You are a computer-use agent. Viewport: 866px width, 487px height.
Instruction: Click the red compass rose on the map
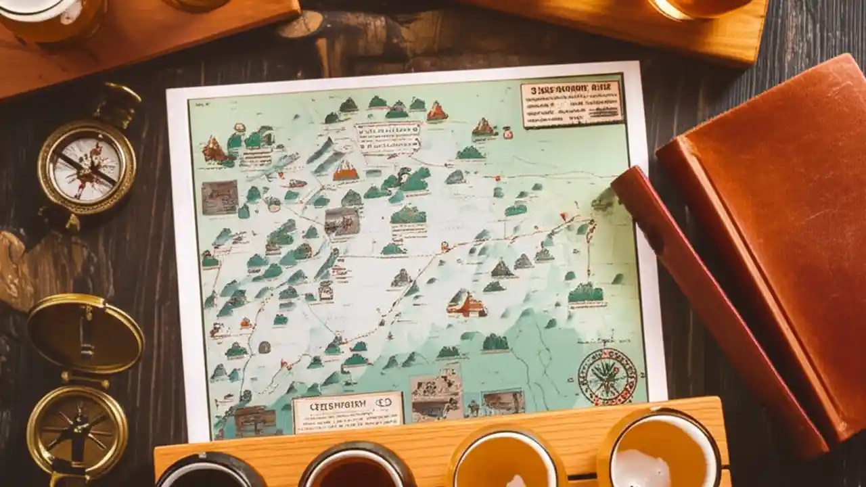(607, 376)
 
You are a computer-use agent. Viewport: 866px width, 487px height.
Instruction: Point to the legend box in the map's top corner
(572, 103)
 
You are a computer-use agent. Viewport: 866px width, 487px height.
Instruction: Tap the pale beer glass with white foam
(659, 453)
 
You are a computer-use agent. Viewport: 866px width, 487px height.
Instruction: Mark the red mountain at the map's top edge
(436, 111)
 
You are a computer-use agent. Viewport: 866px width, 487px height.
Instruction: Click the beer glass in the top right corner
(697, 8)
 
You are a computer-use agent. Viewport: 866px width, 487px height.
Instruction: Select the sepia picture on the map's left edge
(219, 197)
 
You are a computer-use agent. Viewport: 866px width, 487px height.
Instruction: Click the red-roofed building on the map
(467, 305)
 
